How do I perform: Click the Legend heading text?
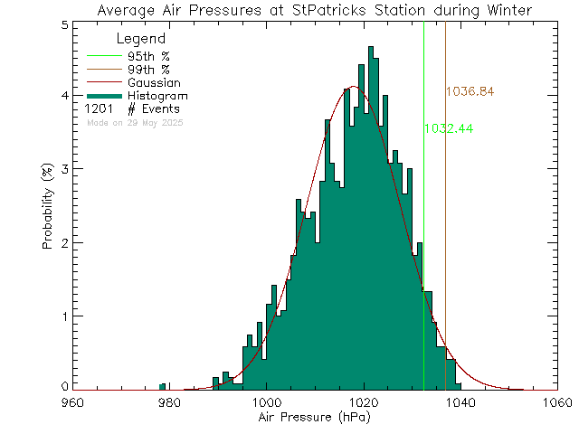(141, 39)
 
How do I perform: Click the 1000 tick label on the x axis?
(266, 402)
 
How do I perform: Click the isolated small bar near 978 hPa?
(162, 386)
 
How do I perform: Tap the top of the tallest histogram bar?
(371, 47)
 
